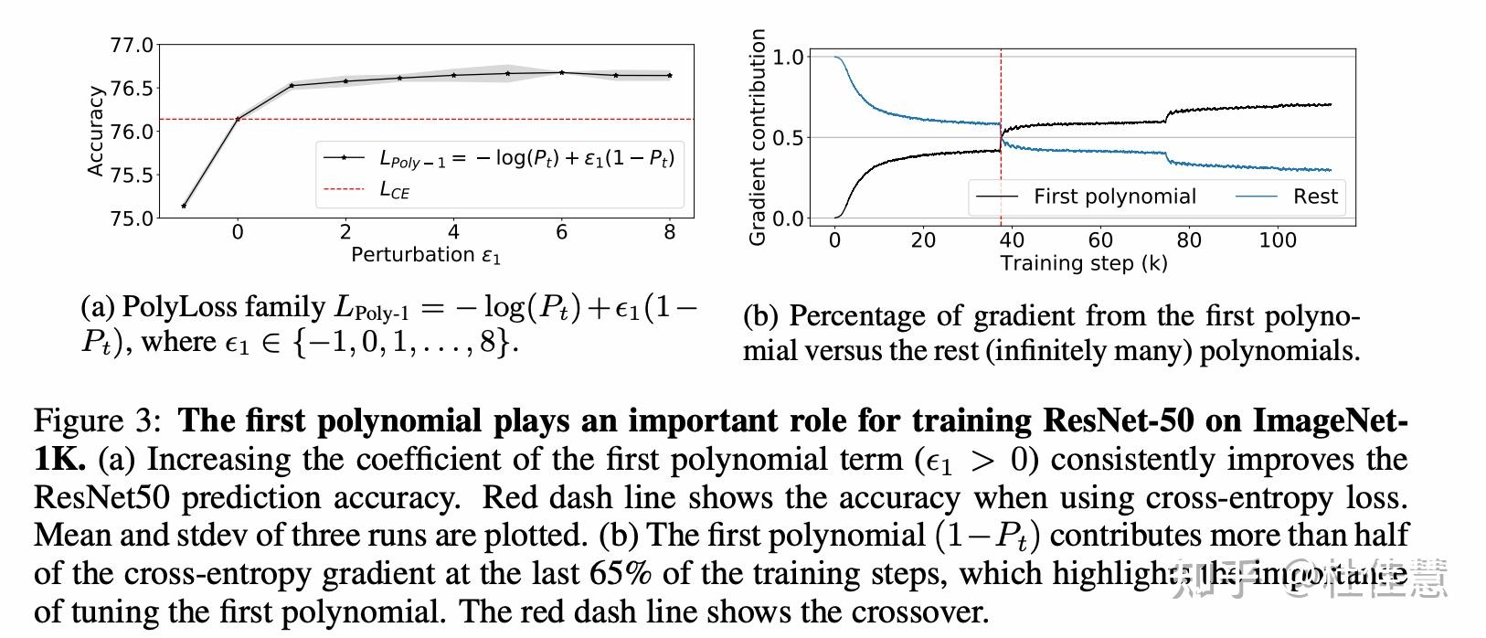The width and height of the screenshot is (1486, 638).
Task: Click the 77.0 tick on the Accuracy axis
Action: [131, 45]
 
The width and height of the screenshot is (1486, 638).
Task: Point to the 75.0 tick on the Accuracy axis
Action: [131, 218]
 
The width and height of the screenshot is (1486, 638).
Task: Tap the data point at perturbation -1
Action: [184, 206]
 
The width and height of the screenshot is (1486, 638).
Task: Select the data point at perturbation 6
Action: [561, 72]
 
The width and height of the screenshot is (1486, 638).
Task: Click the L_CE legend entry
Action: [395, 190]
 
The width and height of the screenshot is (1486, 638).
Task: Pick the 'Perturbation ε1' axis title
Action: [426, 255]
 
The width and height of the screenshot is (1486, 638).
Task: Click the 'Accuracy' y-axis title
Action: [95, 131]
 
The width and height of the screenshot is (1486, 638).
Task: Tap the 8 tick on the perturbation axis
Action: [670, 232]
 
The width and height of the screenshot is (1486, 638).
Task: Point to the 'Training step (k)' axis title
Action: [1084, 263]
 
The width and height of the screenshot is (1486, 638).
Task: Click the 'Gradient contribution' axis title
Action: [757, 137]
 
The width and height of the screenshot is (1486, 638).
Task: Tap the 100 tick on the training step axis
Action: [1278, 240]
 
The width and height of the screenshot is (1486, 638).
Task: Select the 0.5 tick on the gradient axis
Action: [788, 138]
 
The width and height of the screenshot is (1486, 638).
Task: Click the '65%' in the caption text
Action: [621, 573]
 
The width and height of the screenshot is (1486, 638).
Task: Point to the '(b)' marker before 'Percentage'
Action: [760, 316]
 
